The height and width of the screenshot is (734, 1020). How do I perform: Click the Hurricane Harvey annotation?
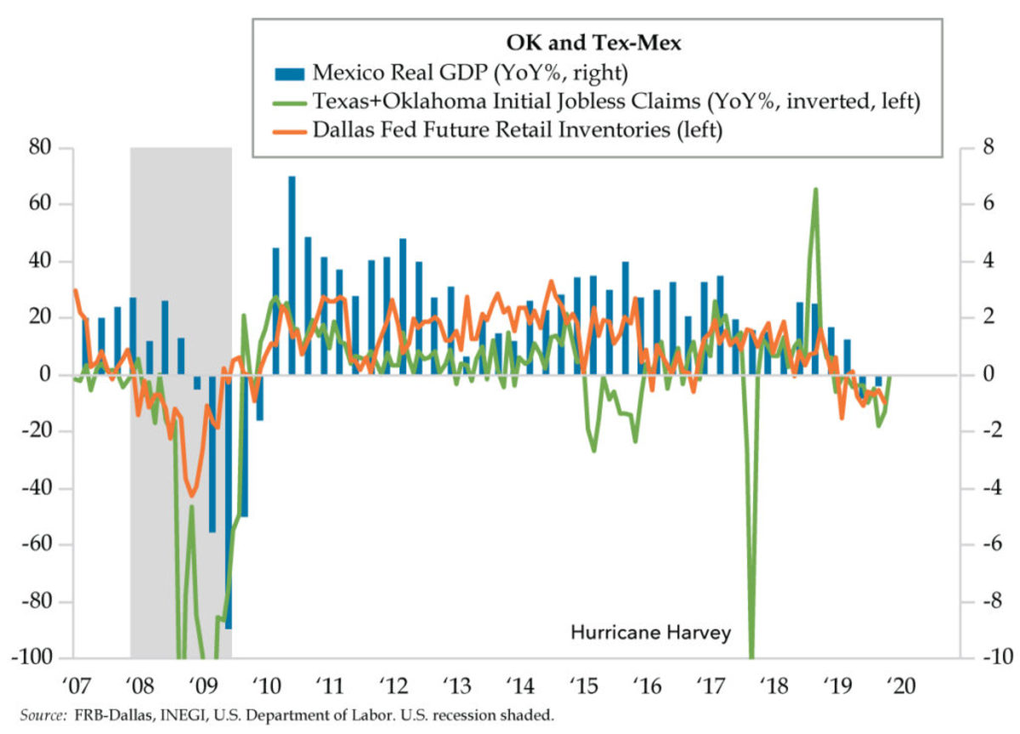tap(650, 633)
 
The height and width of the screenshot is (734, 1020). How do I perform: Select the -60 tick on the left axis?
tap(38, 545)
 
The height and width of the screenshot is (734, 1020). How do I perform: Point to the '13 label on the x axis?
tap(456, 685)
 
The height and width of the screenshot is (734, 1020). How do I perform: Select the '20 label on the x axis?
tap(902, 685)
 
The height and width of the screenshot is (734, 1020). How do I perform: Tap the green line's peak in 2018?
tap(815, 190)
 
